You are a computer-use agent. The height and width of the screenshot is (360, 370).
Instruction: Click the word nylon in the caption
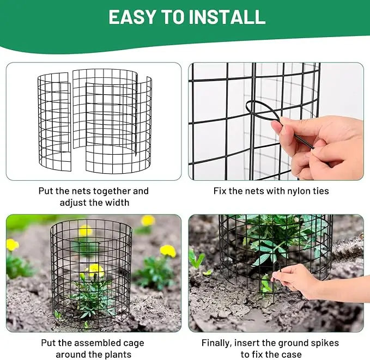tap(289, 191)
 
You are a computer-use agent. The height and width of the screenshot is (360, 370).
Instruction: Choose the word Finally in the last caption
tap(217, 343)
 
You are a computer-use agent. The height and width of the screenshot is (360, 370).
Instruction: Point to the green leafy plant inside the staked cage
tap(272, 240)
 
